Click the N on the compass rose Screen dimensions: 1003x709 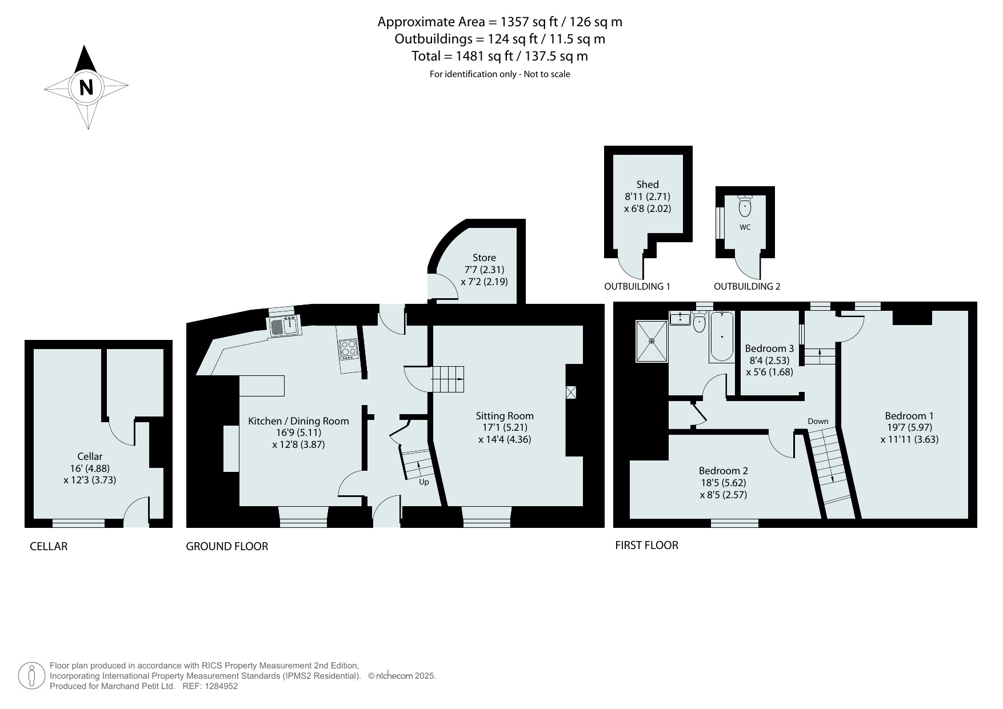(x=86, y=88)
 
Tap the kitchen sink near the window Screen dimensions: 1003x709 (x=284, y=326)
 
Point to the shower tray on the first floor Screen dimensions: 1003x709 (x=652, y=341)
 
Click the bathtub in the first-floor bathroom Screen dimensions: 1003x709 (x=721, y=337)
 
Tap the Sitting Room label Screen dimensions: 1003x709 (x=505, y=416)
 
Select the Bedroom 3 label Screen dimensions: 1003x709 (x=769, y=349)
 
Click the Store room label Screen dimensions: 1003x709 (x=484, y=258)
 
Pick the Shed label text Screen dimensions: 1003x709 (x=648, y=184)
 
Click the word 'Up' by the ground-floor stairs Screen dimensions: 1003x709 (x=424, y=482)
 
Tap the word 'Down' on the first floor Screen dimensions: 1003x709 (x=818, y=421)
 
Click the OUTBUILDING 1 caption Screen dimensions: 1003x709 (x=637, y=286)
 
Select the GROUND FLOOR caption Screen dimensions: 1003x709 (x=227, y=546)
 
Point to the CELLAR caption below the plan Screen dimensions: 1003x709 (x=49, y=546)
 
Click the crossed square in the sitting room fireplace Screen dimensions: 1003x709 (x=571, y=392)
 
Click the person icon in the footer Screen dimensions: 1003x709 (x=32, y=676)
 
